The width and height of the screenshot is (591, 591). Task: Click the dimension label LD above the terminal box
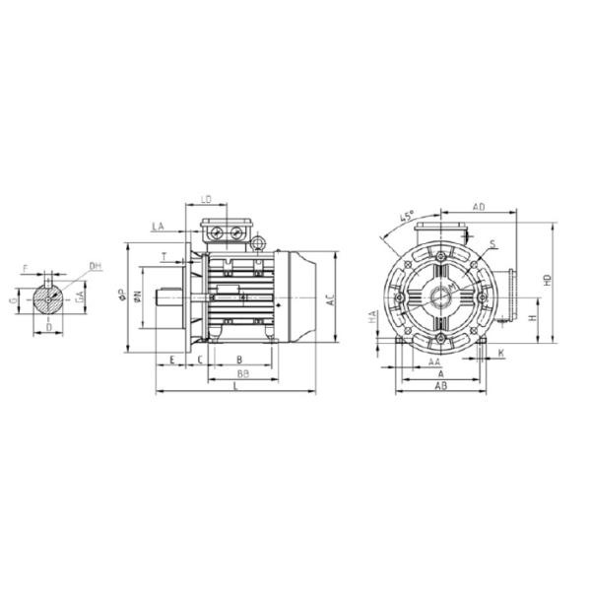pos(206,200)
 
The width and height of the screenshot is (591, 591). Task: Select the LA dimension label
pos(158,227)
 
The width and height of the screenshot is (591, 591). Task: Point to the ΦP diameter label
pos(122,295)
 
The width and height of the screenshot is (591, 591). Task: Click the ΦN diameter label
pos(139,295)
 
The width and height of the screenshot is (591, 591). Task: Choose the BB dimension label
pos(240,375)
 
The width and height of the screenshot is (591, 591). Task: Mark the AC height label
pos(332,298)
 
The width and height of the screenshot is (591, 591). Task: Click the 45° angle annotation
pos(406,217)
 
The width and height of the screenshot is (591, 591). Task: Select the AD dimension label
pos(478,208)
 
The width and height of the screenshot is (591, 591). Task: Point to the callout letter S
pos(492,242)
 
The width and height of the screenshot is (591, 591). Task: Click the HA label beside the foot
pos(371,317)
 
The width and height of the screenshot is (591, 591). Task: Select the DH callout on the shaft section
pos(96,266)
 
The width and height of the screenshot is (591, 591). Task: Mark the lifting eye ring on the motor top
pos(259,242)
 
